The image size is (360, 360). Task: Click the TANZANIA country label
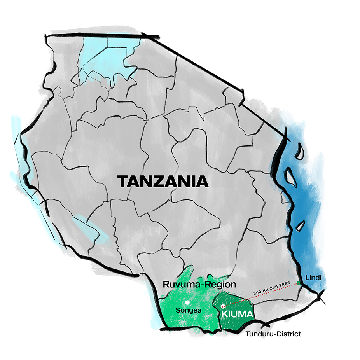coord(163,182)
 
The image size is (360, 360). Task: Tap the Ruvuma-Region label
coord(199,285)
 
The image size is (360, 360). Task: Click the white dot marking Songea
coord(187,302)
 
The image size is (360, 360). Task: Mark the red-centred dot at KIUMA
coord(223,306)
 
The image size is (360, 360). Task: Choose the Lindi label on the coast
coord(313,278)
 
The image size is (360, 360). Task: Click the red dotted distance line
coord(260,295)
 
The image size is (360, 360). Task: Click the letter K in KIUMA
coord(224,313)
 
